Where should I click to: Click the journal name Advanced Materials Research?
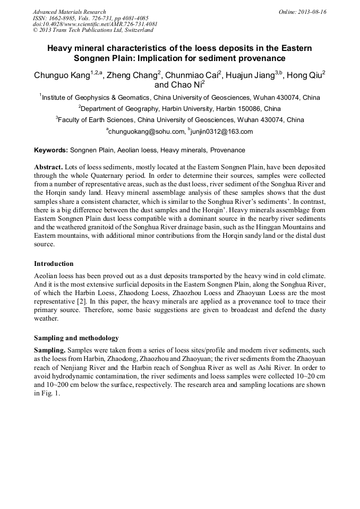click(69, 12)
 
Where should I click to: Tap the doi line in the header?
click(95, 24)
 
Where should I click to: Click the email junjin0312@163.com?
click(222, 132)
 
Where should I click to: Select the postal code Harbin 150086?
click(246, 109)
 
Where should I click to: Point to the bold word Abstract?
click(49, 167)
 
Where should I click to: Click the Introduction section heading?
click(54, 264)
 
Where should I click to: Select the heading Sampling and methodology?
click(76, 338)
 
